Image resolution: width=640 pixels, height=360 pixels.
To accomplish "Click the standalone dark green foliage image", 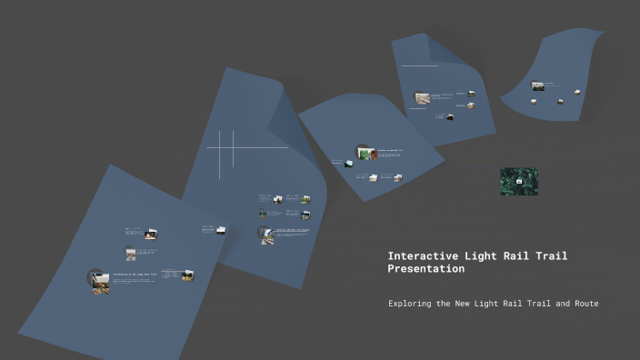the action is click(518, 182).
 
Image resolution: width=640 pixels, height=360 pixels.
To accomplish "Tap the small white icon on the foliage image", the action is click(519, 181).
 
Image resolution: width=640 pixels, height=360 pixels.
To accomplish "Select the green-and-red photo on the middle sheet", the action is click(367, 153).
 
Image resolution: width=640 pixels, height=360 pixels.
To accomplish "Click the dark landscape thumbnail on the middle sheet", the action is click(348, 163).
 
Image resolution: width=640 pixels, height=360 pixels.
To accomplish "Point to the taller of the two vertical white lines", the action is click(221, 155).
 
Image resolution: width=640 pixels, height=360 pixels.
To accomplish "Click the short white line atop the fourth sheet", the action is click(419, 65).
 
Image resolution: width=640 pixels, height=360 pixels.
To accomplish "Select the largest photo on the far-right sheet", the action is click(538, 86).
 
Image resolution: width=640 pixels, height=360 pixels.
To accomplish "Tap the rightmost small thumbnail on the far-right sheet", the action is click(575, 92).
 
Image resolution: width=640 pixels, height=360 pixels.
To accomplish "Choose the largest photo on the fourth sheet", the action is click(422, 97).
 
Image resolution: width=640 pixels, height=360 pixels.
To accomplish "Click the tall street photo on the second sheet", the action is click(267, 235).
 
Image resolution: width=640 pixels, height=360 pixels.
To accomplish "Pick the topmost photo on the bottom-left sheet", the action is click(151, 234).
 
